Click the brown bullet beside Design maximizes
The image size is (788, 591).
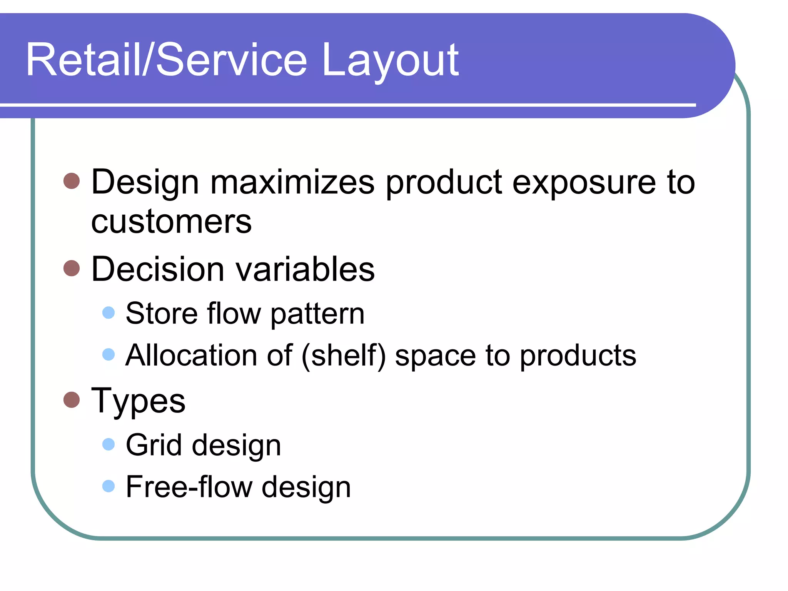72,181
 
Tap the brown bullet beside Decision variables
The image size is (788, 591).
72,268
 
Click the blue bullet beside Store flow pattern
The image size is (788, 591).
109,312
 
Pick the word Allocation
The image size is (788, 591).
191,355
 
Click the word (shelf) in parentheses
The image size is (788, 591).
344,355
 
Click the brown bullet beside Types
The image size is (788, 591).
72,400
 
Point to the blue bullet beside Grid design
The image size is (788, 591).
109,444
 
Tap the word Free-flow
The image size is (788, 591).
189,487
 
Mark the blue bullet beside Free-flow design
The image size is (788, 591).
109,486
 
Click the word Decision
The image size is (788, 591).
158,269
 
